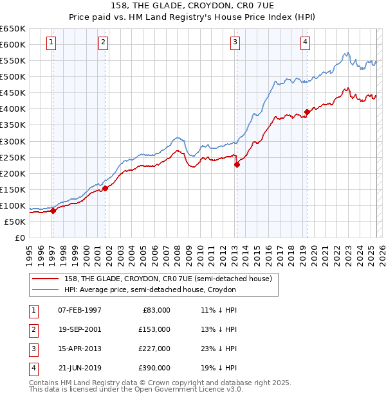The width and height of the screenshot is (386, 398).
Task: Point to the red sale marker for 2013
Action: pyautogui.click(x=237, y=164)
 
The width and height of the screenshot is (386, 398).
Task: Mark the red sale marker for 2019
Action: pyautogui.click(x=307, y=112)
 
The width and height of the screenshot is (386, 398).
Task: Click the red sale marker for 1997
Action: pyautogui.click(x=53, y=211)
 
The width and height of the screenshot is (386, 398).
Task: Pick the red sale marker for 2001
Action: pyautogui.click(x=106, y=188)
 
